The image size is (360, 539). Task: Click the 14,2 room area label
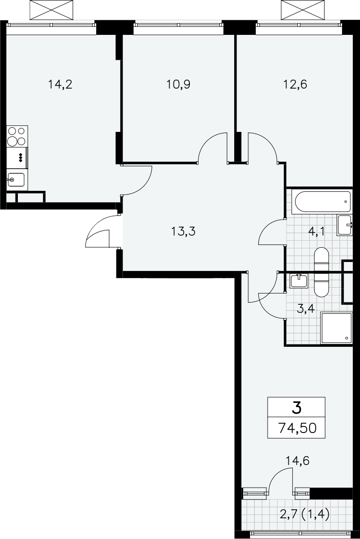point(60,84)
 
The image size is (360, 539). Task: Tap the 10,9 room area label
point(179,84)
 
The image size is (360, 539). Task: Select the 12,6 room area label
point(295,84)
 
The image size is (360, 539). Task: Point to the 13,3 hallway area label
point(183,231)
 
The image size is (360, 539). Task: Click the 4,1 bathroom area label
point(317,231)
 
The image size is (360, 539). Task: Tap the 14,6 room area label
point(297,461)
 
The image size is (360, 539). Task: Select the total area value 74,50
point(297,428)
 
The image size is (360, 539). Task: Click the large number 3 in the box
point(296,408)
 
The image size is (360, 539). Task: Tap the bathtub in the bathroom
point(321,202)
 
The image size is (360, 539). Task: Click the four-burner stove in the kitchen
point(17,137)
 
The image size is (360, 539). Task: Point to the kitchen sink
point(16,180)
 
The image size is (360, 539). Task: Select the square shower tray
point(336,328)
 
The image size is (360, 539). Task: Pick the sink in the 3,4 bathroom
point(299,281)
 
